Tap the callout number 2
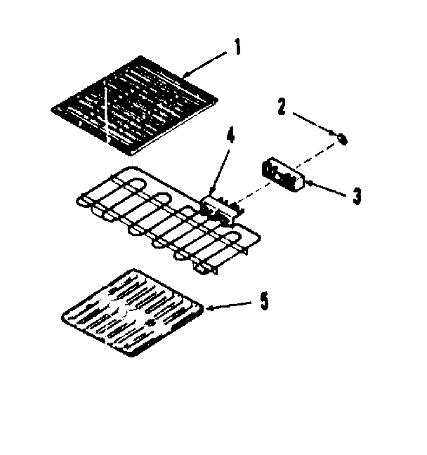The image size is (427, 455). pos(282,107)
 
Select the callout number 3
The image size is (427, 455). pos(357,196)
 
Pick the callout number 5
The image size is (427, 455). pos(263,301)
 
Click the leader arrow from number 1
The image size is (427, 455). pos(206,62)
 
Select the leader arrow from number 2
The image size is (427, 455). pos(315,123)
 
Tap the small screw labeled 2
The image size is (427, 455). pos(342,138)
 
